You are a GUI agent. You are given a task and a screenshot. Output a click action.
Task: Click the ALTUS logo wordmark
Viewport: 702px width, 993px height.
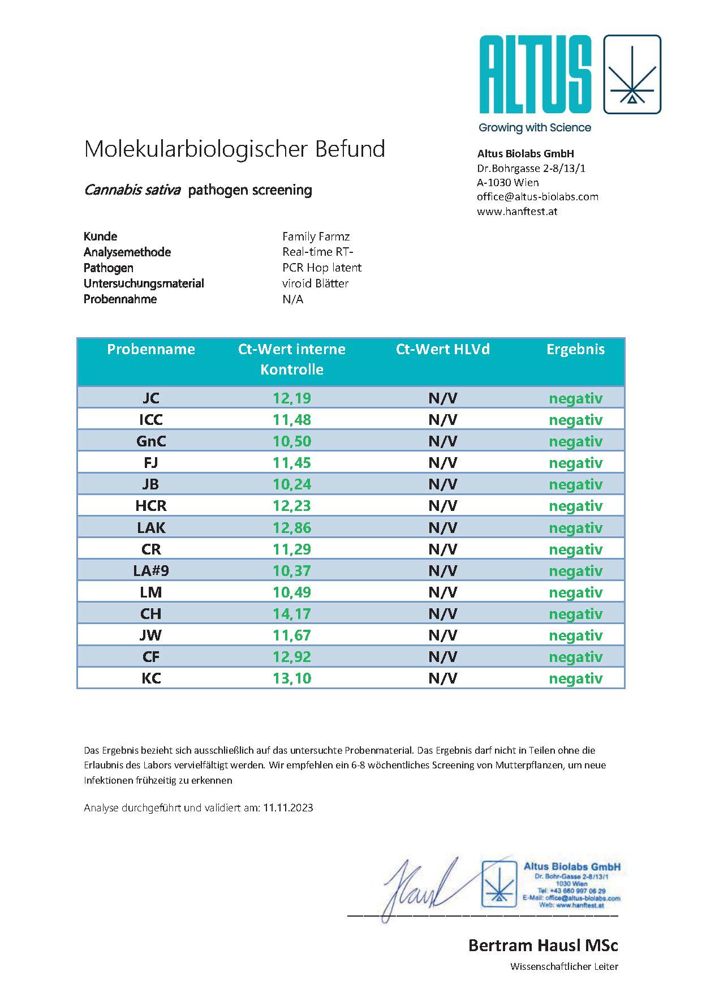(535, 74)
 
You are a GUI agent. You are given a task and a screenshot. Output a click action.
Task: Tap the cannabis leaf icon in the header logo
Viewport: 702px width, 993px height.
(632, 74)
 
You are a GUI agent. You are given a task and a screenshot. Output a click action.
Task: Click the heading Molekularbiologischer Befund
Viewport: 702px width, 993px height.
(234, 149)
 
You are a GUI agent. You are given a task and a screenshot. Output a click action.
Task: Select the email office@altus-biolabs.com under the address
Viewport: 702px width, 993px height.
(537, 197)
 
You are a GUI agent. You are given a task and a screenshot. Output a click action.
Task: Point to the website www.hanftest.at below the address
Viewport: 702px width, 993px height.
(517, 212)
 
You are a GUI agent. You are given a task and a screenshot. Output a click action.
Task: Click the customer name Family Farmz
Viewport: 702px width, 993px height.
(316, 237)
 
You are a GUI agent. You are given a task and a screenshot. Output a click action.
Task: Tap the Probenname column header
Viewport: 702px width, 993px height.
(151, 350)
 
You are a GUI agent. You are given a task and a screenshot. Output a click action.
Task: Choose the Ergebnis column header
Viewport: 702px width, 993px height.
(575, 350)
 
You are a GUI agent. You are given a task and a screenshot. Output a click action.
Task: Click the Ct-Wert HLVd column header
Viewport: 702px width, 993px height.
(442, 350)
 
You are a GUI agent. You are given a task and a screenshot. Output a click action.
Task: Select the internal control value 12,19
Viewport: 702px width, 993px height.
(292, 398)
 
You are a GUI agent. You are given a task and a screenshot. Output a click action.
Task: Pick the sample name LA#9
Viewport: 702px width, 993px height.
(151, 571)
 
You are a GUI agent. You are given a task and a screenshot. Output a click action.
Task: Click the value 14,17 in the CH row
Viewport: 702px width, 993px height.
(292, 614)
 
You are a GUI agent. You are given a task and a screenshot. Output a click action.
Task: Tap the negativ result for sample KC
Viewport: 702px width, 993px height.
(575, 678)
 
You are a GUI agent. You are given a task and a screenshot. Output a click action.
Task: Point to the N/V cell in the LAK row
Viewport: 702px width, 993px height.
(442, 528)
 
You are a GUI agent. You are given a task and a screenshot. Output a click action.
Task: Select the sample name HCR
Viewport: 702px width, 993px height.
(151, 506)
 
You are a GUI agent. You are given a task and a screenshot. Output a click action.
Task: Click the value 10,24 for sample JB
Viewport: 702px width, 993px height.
(292, 484)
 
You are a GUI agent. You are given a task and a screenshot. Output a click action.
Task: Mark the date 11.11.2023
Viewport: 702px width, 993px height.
(288, 808)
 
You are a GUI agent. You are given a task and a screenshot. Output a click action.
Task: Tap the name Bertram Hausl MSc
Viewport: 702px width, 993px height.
(543, 945)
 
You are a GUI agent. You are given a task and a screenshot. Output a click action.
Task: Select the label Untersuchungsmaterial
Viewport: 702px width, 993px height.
(144, 283)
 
